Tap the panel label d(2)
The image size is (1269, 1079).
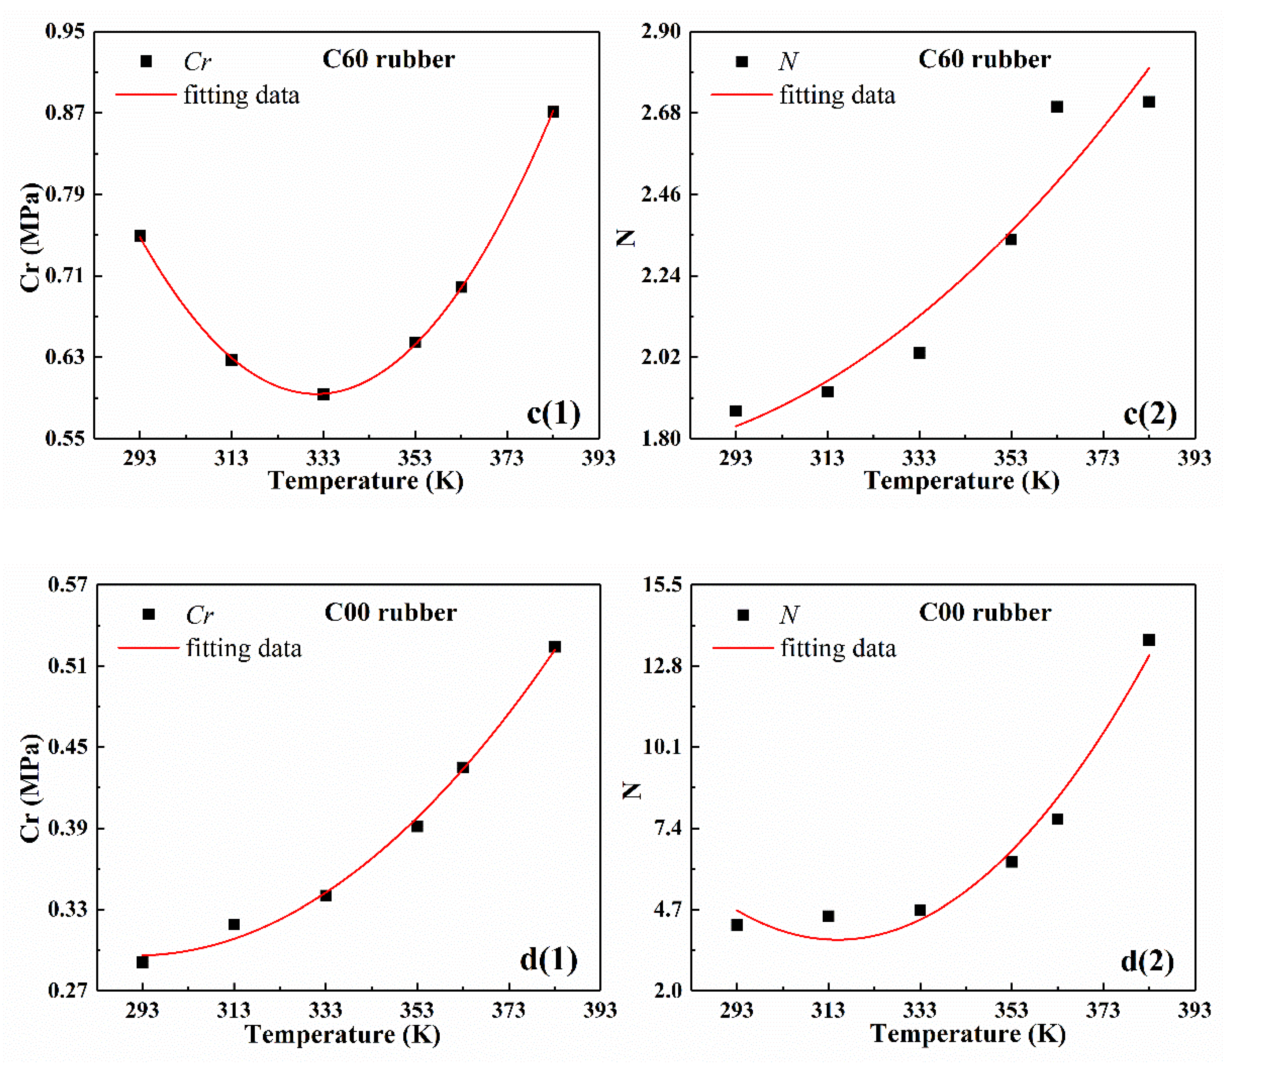tap(1147, 961)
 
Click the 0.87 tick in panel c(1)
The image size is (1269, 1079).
tap(65, 113)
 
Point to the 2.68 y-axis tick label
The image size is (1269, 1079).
tap(660, 113)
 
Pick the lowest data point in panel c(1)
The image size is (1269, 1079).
tap(323, 394)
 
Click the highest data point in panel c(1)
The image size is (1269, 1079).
tap(553, 112)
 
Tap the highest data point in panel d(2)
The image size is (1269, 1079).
tap(1149, 640)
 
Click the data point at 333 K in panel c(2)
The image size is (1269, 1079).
tap(919, 353)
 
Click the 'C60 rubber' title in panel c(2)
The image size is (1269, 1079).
tap(984, 59)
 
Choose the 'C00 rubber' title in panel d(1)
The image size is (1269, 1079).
tap(390, 612)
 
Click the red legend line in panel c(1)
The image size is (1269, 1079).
tap(146, 95)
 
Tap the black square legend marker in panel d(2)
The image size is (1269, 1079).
tap(743, 615)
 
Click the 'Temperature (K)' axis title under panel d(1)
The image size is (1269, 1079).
tap(343, 1034)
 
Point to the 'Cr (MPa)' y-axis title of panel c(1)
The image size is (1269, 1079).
tap(29, 237)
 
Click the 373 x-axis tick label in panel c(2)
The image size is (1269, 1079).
tap(1102, 458)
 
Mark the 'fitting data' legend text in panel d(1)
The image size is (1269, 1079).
tap(243, 648)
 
